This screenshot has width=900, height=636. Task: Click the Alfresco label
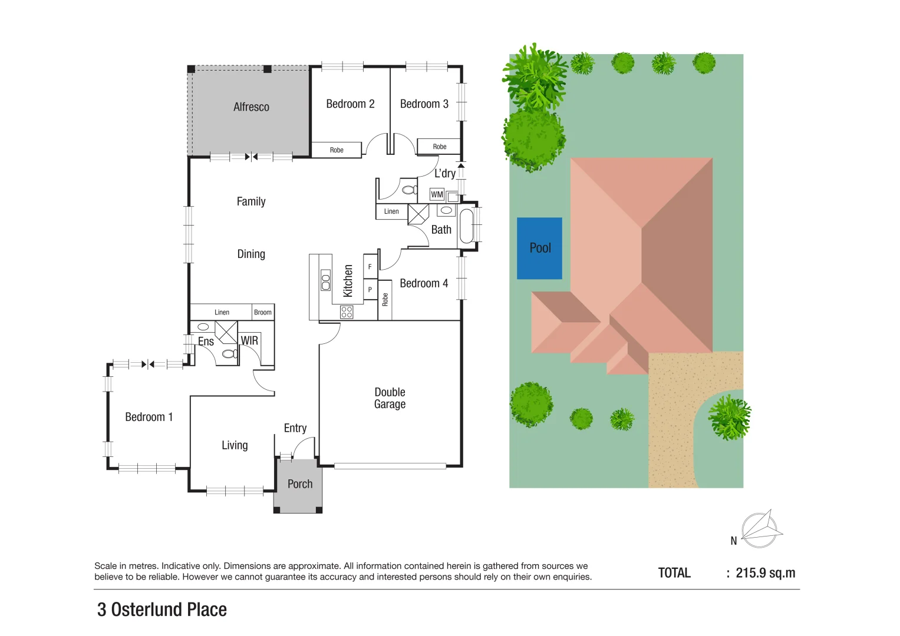(251, 107)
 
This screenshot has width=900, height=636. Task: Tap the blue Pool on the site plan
(539, 248)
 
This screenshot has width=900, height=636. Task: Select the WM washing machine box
(437, 194)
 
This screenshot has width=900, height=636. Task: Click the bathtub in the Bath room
(466, 226)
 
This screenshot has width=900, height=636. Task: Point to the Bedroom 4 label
(423, 283)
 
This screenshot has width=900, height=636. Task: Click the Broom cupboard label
(263, 312)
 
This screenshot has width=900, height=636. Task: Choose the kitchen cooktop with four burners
(347, 312)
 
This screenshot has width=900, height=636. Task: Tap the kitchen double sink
(325, 280)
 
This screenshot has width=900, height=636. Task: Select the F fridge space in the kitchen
(370, 267)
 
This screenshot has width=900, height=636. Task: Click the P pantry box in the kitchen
(370, 290)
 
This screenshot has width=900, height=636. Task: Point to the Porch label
(299, 484)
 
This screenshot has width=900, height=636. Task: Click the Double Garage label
(390, 398)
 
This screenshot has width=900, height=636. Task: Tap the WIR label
(249, 341)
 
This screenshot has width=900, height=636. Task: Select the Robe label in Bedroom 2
(337, 150)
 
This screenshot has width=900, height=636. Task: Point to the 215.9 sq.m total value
(765, 573)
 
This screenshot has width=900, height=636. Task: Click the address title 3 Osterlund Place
(162, 609)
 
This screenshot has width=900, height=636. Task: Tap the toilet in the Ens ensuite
(229, 354)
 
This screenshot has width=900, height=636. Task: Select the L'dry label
(444, 173)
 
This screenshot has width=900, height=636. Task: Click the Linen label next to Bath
(391, 211)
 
